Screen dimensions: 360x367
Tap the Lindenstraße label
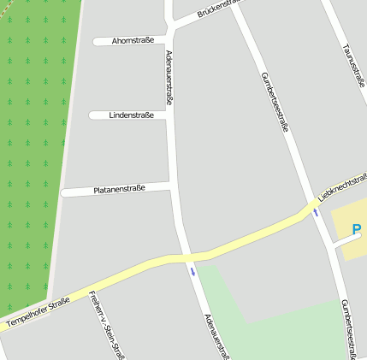131,115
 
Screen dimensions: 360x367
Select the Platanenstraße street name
119,188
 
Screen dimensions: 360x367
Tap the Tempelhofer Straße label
36,314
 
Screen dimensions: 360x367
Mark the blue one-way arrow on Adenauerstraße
193,272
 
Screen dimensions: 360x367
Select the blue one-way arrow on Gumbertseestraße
317,212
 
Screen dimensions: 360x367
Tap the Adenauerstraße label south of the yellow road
216,336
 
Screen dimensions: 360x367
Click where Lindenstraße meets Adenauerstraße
171,114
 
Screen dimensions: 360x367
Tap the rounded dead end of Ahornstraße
95,41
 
